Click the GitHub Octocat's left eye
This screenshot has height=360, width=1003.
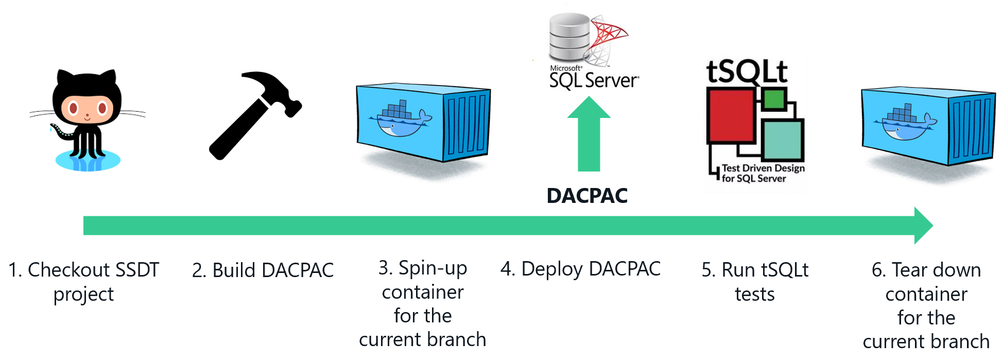(x=73, y=108)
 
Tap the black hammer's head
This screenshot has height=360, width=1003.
(x=273, y=90)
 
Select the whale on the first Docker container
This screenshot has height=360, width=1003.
(x=399, y=119)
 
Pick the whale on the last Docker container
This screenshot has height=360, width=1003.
(x=904, y=124)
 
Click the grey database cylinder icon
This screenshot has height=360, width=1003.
(x=569, y=36)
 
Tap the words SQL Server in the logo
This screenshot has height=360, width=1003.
(x=593, y=80)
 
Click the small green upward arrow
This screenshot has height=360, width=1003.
(x=589, y=134)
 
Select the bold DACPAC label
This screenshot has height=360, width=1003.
(x=587, y=196)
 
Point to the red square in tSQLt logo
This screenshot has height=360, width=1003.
(x=731, y=115)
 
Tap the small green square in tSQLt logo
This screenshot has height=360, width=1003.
(x=773, y=99)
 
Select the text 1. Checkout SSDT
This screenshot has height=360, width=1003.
(x=84, y=270)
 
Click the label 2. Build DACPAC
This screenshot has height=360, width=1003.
(x=263, y=270)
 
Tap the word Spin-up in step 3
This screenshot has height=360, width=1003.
(x=433, y=268)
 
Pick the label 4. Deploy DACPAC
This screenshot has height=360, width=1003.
(x=580, y=269)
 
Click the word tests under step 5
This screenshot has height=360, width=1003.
(x=754, y=294)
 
